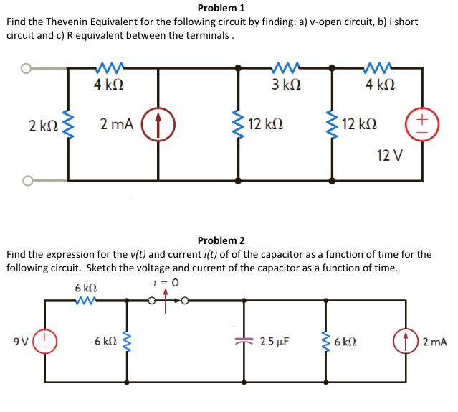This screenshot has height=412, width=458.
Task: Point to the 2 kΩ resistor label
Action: pyautogui.click(x=42, y=126)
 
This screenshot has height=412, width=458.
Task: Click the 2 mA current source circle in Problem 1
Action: pyautogui.click(x=158, y=124)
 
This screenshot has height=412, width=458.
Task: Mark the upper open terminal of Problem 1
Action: pyautogui.click(x=26, y=69)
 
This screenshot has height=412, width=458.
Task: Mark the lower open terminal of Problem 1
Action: pyautogui.click(x=26, y=180)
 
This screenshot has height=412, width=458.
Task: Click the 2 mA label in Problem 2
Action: pyautogui.click(x=435, y=342)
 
